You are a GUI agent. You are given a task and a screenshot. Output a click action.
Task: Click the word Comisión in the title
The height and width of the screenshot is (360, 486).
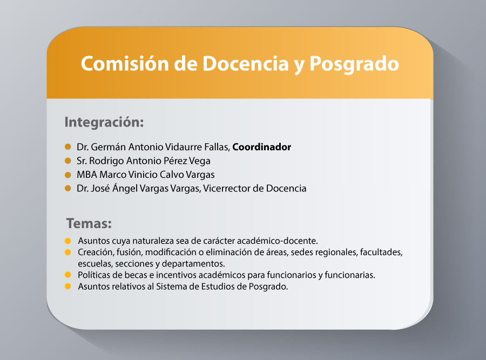click(x=125, y=64)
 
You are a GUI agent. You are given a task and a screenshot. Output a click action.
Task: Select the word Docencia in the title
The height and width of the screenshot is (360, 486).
click(x=246, y=64)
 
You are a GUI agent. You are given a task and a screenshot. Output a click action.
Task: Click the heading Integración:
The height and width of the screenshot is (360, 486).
click(x=104, y=122)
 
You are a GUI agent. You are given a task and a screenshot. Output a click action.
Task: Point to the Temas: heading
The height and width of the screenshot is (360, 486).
click(x=89, y=223)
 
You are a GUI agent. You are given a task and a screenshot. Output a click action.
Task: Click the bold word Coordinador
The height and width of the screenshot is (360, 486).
click(x=261, y=147)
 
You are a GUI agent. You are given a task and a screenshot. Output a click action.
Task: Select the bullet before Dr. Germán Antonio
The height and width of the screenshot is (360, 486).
click(x=68, y=147)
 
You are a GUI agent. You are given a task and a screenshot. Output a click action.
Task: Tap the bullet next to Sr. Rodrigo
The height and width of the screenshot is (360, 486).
click(x=68, y=161)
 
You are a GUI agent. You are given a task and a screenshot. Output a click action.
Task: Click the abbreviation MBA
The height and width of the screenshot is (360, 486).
click(x=87, y=175)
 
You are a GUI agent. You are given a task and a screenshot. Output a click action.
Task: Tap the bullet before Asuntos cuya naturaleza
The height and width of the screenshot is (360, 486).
click(x=68, y=241)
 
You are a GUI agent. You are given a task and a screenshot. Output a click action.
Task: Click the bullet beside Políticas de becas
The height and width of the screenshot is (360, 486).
click(x=68, y=275)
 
